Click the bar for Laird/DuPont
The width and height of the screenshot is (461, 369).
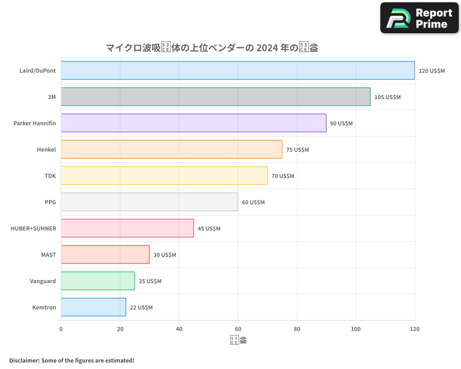click(238, 71)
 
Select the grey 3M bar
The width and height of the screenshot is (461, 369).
click(216, 97)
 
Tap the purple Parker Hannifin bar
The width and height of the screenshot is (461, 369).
click(194, 123)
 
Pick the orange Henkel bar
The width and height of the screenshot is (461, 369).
click(171, 149)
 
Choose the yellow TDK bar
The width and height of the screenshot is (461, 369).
click(164, 176)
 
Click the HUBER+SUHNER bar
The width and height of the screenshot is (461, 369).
click(127, 228)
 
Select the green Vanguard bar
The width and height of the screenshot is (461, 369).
click(98, 281)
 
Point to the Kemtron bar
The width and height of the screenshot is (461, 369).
click(94, 307)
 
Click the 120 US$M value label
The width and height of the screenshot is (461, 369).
click(431, 71)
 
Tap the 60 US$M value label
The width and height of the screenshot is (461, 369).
click(253, 202)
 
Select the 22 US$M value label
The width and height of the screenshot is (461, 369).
click(141, 308)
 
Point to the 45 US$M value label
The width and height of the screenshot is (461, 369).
click(209, 229)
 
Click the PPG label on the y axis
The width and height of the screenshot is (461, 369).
click(50, 202)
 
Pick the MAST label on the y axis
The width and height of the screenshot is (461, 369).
click(48, 255)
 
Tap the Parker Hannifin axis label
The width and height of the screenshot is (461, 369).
click(35, 123)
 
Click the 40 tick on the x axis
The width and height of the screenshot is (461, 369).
click(179, 329)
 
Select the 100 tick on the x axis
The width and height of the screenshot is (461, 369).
click(356, 329)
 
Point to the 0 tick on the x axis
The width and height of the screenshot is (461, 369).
click(61, 329)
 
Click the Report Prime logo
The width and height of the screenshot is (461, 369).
click(419, 18)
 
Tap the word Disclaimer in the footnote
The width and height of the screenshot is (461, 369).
click(24, 360)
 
